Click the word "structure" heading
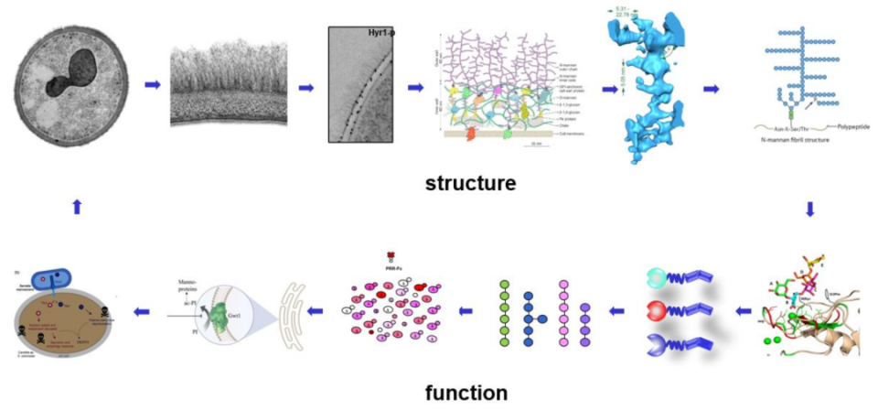point(470,183)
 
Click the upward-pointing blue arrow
point(77,207)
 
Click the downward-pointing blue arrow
point(808,208)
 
